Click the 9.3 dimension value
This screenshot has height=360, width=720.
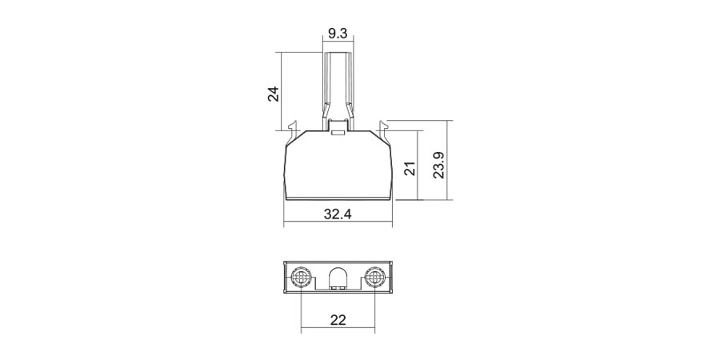[x=338, y=34]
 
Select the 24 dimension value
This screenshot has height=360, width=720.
[x=274, y=94]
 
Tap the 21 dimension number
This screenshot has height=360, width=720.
[x=411, y=168]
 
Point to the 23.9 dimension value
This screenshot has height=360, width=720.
[x=439, y=164]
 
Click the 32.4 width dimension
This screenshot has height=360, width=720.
[x=338, y=214]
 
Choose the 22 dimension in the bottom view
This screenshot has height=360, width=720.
[x=338, y=319]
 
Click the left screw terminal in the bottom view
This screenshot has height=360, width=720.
[x=302, y=278]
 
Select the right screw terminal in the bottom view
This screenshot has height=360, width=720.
[x=374, y=278]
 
